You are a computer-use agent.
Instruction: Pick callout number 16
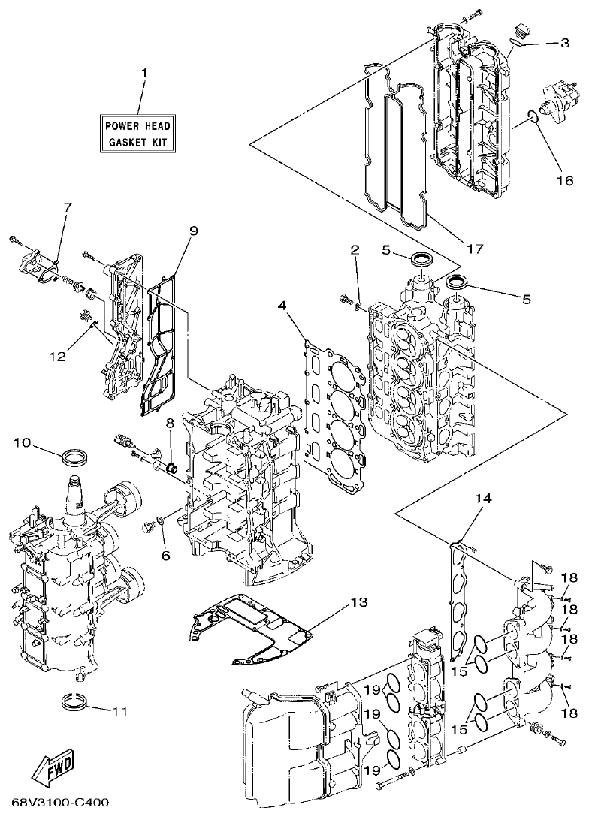(x=564, y=180)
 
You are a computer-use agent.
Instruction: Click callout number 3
(x=564, y=43)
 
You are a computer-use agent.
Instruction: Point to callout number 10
(x=22, y=443)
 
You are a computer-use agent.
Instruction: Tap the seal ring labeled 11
(x=74, y=703)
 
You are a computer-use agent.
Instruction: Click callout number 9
(x=193, y=231)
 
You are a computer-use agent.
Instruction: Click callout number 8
(x=170, y=424)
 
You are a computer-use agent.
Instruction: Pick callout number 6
(x=165, y=556)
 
